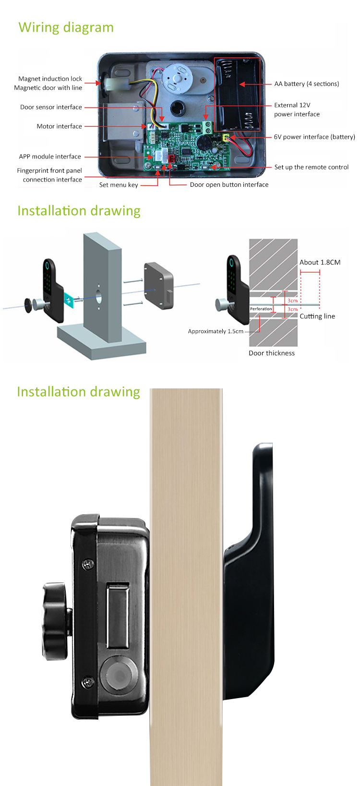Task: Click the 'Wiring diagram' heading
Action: click(x=66, y=28)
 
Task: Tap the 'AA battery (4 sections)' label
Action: click(x=307, y=84)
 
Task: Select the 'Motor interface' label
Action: click(x=60, y=126)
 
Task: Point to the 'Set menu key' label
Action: click(x=119, y=185)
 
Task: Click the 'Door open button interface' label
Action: click(x=229, y=184)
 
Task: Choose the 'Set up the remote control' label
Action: click(x=312, y=168)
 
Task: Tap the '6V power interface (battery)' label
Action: click(x=314, y=137)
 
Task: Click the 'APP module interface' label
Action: click(x=50, y=157)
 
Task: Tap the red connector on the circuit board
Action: click(x=171, y=158)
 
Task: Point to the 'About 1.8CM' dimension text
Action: click(x=320, y=263)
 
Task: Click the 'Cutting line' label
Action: click(x=317, y=316)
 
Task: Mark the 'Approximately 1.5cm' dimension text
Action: click(x=216, y=331)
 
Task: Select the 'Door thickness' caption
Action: click(x=272, y=353)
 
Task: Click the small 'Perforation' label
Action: click(x=261, y=309)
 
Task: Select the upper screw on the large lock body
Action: click(x=87, y=565)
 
